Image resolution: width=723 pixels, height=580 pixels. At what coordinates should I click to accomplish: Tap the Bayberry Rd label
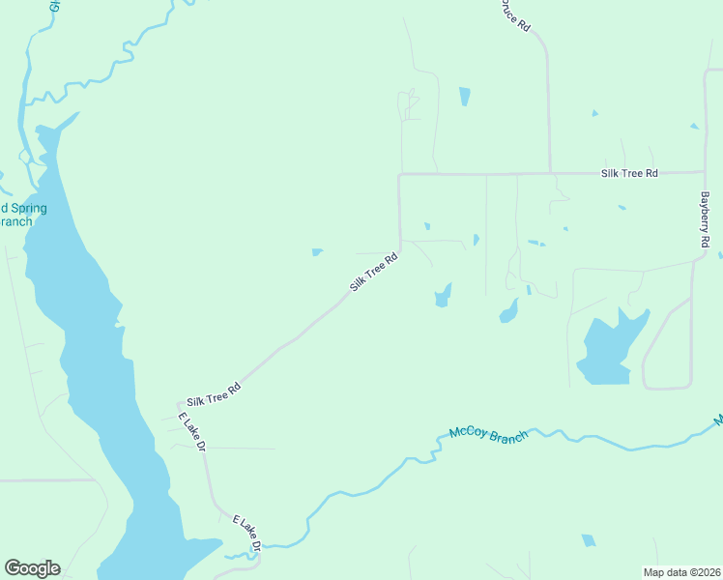click(706, 218)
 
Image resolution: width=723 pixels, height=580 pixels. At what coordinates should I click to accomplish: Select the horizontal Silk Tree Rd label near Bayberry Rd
click(628, 173)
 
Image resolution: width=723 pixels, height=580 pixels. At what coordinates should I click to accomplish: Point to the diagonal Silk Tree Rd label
click(374, 274)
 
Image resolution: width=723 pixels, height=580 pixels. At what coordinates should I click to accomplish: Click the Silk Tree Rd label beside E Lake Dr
click(213, 393)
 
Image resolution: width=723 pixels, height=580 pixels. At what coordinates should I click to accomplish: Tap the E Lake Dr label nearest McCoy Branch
click(248, 535)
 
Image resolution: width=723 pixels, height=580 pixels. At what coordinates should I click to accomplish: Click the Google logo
click(32, 568)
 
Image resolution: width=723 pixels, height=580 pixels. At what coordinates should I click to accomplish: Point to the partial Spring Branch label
click(21, 215)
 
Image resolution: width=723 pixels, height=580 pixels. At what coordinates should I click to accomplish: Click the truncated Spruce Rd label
click(513, 14)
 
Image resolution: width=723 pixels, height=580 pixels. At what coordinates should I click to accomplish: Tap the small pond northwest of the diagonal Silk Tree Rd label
click(317, 253)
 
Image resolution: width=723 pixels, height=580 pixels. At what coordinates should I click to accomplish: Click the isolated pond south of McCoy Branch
click(588, 540)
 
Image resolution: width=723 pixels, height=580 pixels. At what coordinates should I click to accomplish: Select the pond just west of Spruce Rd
click(465, 97)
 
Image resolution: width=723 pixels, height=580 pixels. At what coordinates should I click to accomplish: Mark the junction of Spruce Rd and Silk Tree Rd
click(550, 174)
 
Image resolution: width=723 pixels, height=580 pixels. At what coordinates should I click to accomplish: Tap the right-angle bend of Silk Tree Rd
click(400, 175)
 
